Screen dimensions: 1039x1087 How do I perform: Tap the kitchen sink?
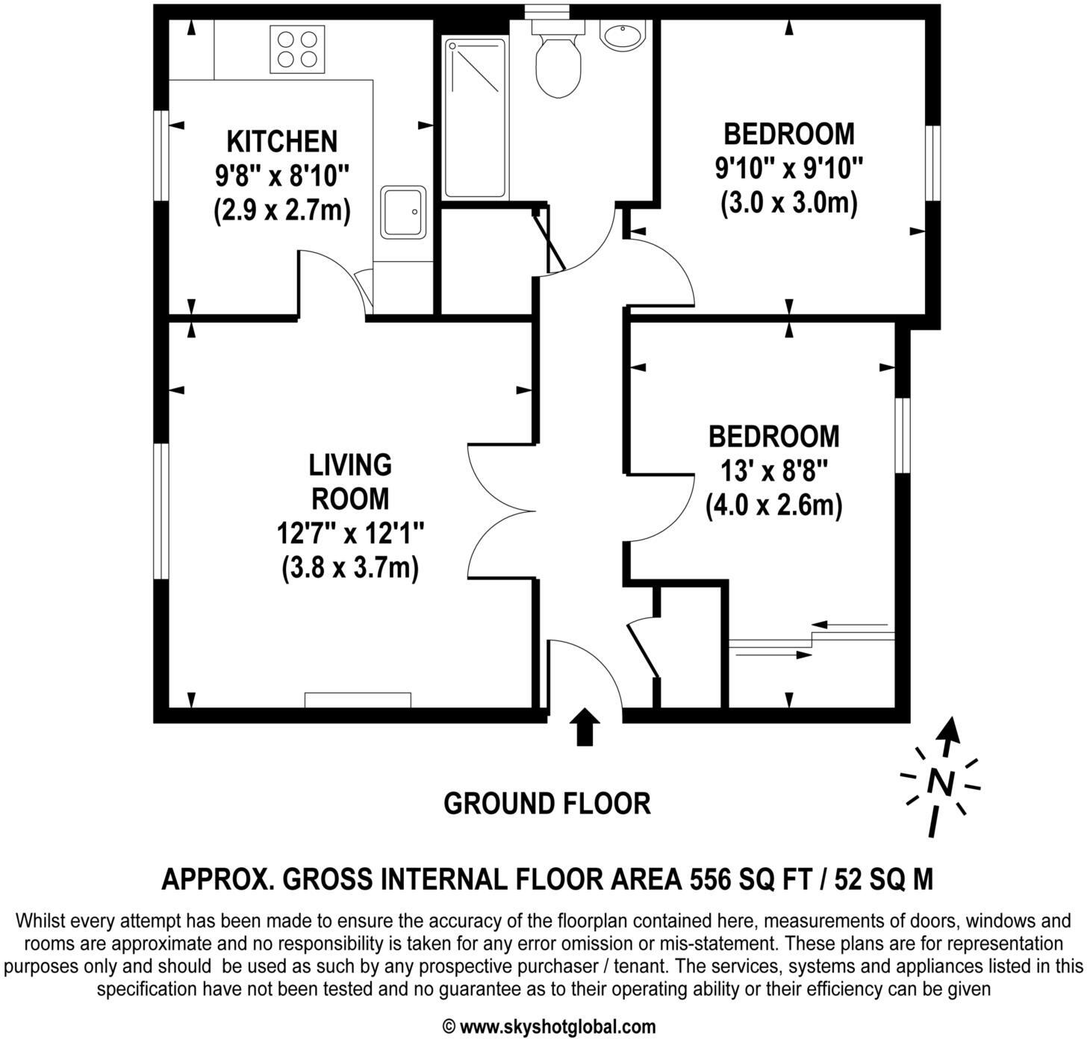[x=404, y=213]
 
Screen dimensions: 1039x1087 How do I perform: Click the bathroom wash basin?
[x=622, y=36]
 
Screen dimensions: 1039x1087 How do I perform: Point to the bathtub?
[x=475, y=117]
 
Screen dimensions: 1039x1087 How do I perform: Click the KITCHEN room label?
[x=282, y=141]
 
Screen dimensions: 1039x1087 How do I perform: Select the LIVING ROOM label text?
[x=350, y=481]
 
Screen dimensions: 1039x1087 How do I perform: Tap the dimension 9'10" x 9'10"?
[x=788, y=168]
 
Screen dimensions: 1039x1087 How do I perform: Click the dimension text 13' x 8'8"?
[x=775, y=471]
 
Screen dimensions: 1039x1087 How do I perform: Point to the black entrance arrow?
[x=585, y=726]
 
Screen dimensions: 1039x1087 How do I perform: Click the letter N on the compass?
[x=941, y=782]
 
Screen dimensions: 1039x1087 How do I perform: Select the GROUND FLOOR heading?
[x=546, y=804]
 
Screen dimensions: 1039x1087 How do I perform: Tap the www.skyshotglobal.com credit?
[x=557, y=1027]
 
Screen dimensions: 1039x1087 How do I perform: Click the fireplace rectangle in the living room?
[x=358, y=699]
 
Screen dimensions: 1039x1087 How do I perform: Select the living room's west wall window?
[x=160, y=511]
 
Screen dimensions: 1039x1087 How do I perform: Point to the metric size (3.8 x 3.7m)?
[x=350, y=568]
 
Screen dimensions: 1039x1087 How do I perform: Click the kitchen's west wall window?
[x=160, y=155]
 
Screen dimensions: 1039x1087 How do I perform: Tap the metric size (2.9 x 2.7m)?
[x=282, y=210]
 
